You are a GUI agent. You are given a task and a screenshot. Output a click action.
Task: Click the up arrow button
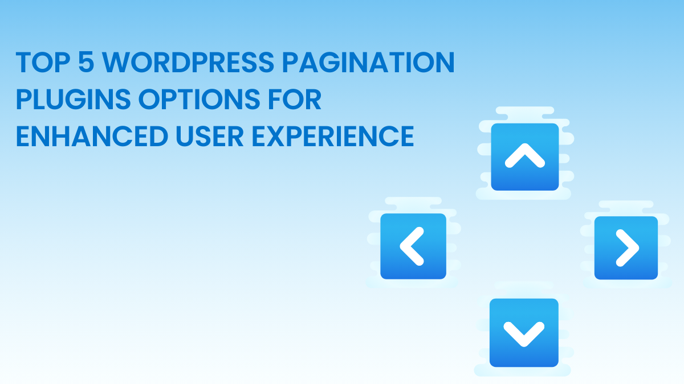pyautogui.click(x=525, y=156)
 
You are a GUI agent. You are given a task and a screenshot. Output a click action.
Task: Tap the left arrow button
pyautogui.click(x=413, y=246)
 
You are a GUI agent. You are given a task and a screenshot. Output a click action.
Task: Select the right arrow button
pyautogui.click(x=626, y=247)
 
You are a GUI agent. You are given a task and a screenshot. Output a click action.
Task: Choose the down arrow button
pyautogui.click(x=524, y=333)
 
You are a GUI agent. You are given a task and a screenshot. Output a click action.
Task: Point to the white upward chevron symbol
pyautogui.click(x=525, y=155)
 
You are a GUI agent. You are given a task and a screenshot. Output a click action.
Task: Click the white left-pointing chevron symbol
pyautogui.click(x=412, y=246)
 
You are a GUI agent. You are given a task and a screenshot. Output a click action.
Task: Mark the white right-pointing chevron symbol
pyautogui.click(x=627, y=247)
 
